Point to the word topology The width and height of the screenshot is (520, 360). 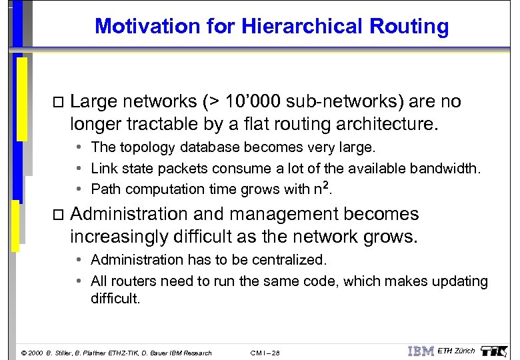point(146,147)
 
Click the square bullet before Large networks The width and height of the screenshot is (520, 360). point(56,103)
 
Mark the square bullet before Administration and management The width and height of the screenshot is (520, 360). point(56,215)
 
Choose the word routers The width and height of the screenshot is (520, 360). point(134,282)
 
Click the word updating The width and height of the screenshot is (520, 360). point(460,282)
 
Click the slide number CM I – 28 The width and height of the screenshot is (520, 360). point(265,353)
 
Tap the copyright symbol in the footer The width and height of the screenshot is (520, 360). point(25,353)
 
